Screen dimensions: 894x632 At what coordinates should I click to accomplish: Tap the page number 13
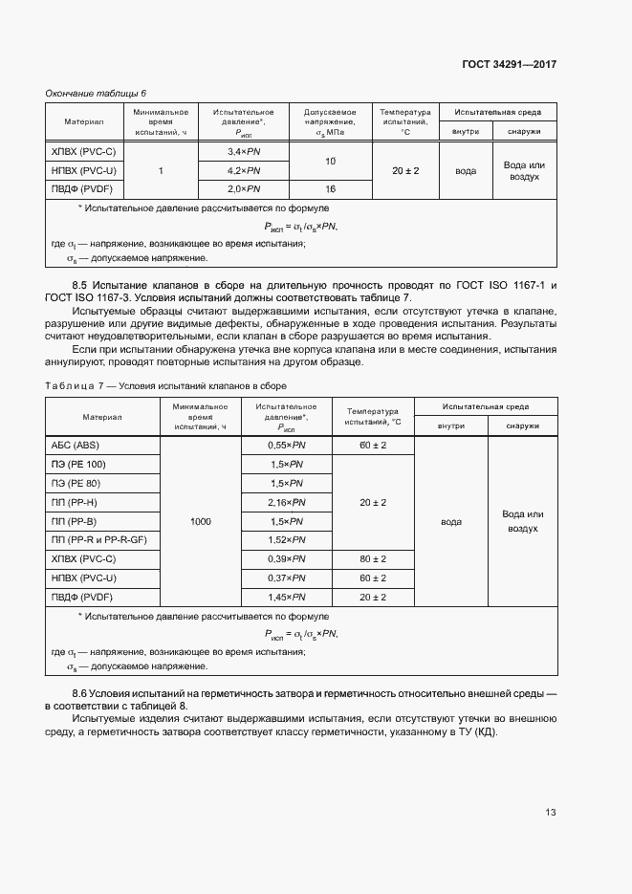click(550, 813)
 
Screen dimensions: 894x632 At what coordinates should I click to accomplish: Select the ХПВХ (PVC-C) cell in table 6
click(83, 152)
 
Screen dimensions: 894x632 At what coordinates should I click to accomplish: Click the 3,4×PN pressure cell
click(244, 152)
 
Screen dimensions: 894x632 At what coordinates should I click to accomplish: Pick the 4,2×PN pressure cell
click(244, 170)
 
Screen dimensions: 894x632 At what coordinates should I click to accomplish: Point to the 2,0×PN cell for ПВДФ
click(244, 189)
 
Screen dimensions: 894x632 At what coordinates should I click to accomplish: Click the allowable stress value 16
click(331, 189)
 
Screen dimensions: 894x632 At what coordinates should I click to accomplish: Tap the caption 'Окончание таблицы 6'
click(96, 93)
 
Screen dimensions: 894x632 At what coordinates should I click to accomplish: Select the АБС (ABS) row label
click(74, 446)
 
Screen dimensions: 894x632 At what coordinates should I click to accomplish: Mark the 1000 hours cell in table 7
click(201, 521)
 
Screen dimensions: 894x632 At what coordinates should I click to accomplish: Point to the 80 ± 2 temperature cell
click(373, 558)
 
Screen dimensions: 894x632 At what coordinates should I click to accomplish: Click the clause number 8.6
click(80, 692)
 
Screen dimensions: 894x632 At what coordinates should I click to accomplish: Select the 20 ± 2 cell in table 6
click(405, 170)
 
